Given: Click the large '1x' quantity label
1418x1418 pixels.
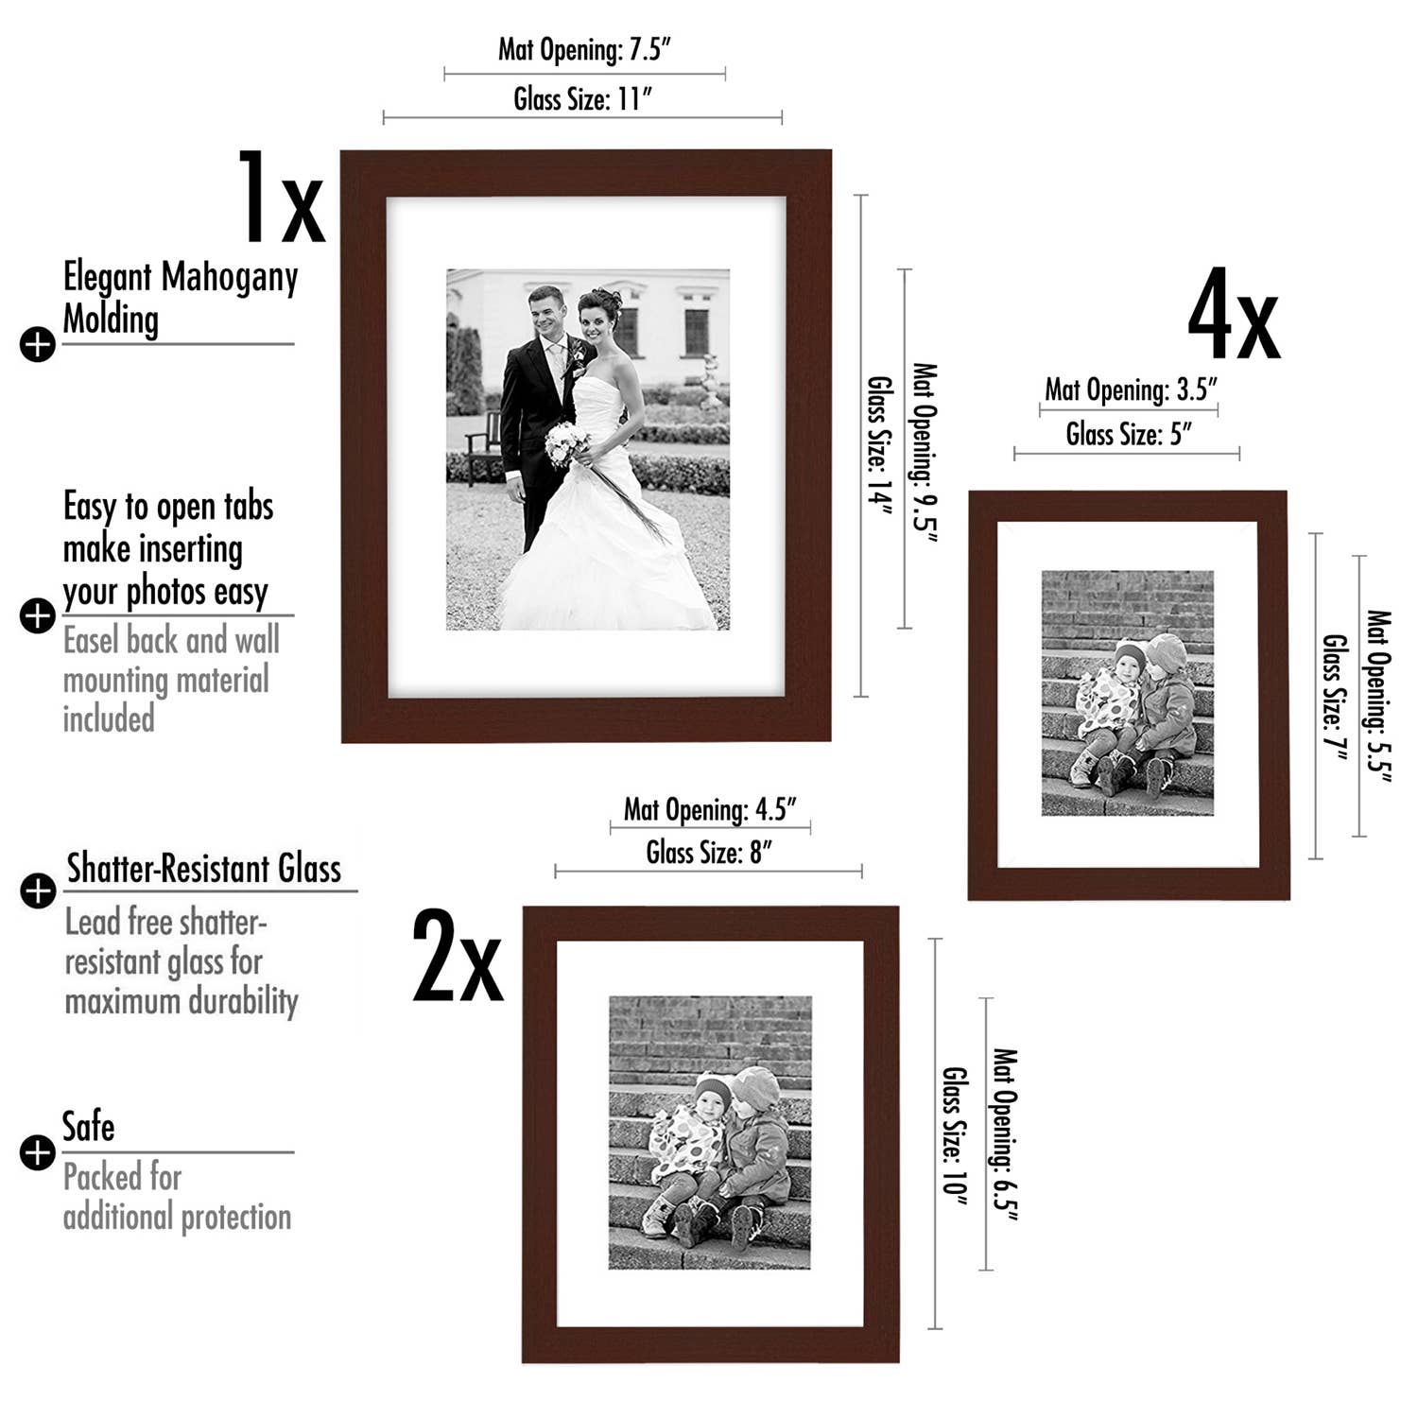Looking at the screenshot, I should coord(280,199).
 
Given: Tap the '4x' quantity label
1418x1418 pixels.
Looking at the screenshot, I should coord(1233,315).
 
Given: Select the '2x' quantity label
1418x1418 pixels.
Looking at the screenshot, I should coord(458,957).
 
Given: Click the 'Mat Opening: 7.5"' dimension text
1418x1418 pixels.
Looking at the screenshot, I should coord(584,49).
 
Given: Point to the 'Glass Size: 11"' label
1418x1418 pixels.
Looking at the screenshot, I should coord(583,98).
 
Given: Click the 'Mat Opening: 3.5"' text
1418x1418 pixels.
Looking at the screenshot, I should coord(1131,389).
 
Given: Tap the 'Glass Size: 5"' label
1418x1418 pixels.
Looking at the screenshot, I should coord(1129,434).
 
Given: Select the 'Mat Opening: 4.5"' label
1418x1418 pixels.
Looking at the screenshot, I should coord(710,809).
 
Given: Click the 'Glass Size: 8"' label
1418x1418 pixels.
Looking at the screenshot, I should coord(709,853).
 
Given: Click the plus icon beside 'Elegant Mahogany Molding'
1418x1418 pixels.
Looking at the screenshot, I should coord(38,344).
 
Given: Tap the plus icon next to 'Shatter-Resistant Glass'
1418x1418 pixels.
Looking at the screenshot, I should coord(38,891).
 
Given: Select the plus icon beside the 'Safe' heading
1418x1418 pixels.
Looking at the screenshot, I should coord(38,1152).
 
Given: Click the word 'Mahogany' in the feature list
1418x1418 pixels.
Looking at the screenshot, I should coord(229,278).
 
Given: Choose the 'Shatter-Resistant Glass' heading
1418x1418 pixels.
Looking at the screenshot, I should coord(203,869).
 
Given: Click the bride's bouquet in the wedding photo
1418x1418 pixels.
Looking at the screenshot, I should coord(567,442).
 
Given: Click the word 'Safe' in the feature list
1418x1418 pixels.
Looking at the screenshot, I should coord(88,1127).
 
